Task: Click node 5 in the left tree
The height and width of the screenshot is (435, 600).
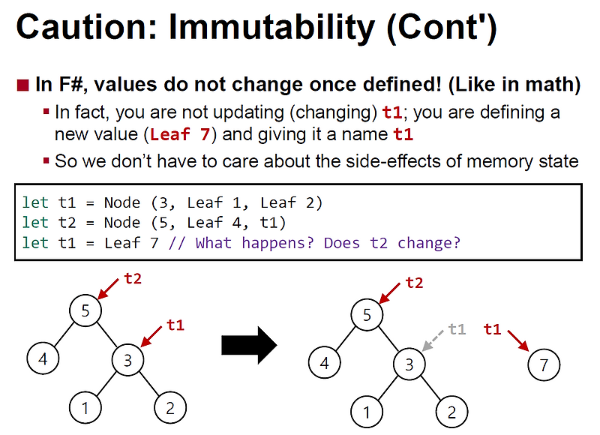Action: [85, 310]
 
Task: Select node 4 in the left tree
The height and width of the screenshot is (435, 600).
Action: [43, 358]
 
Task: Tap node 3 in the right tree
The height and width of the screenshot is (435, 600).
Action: [409, 365]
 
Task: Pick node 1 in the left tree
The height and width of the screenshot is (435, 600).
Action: [85, 408]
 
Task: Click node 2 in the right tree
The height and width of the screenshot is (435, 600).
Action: [451, 412]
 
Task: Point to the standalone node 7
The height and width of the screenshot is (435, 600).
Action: [543, 365]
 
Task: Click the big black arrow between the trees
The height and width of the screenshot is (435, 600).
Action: [249, 345]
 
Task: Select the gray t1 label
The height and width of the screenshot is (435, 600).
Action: [457, 328]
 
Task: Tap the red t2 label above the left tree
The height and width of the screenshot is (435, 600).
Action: [133, 279]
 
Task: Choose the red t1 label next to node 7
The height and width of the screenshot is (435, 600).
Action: [493, 328]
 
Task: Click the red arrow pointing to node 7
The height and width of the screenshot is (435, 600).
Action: [517, 341]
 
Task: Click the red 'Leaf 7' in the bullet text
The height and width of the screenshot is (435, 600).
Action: [179, 135]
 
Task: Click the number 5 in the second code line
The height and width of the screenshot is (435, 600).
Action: [158, 223]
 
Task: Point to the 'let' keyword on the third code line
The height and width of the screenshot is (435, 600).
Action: [34, 243]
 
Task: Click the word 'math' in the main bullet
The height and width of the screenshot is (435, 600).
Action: [550, 85]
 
